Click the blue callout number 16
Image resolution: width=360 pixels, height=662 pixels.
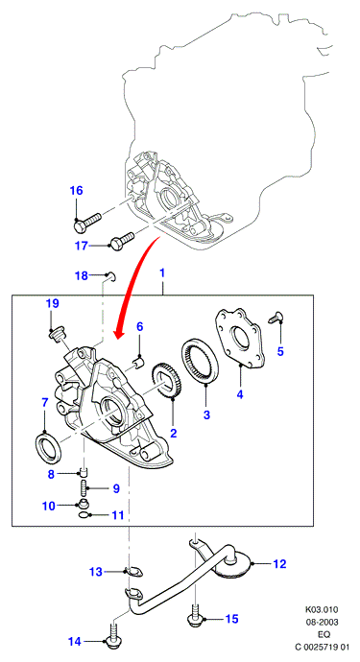pyautogui.click(x=77, y=191)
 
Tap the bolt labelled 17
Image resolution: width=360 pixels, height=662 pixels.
pyautogui.click(x=122, y=240)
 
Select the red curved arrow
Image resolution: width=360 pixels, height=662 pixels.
pyautogui.click(x=137, y=286)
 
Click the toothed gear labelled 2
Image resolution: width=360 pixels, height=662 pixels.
pyautogui.click(x=164, y=379)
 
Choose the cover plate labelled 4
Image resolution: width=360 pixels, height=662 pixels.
pyautogui.click(x=240, y=339)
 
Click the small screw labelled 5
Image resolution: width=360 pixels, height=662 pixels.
pyautogui.click(x=276, y=317)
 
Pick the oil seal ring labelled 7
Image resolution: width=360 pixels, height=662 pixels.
pyautogui.click(x=47, y=447)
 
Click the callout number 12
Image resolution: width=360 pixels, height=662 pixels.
pyautogui.click(x=280, y=563)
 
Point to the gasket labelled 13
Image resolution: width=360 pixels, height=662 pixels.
pyautogui.click(x=135, y=572)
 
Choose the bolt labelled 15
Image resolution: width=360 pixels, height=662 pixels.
pyautogui.click(x=194, y=616)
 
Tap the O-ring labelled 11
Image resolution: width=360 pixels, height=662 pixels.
pyautogui.click(x=84, y=515)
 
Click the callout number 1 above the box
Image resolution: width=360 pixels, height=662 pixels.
pyautogui.click(x=162, y=273)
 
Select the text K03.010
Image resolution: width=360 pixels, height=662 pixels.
pyautogui.click(x=322, y=609)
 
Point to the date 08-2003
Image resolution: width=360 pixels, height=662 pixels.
pyautogui.click(x=322, y=623)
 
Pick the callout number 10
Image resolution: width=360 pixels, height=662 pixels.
pyautogui.click(x=49, y=506)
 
